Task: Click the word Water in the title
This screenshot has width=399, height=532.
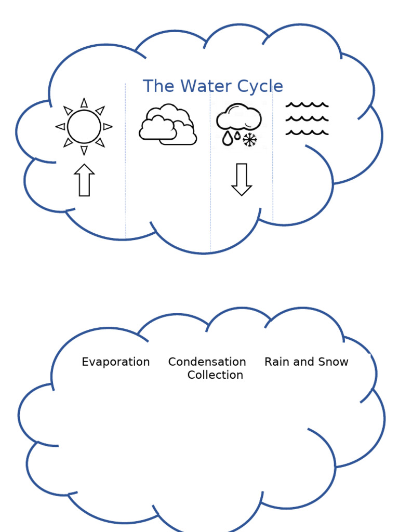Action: pos(199,86)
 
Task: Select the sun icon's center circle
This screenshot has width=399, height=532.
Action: pos(84,126)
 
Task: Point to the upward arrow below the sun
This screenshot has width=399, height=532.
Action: pos(84,180)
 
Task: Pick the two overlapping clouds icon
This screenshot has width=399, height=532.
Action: pos(167,125)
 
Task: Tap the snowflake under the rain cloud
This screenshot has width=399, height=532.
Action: pos(250,139)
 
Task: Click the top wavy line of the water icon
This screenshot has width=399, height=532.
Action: pos(307,105)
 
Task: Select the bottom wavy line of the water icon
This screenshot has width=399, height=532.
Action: pos(307,133)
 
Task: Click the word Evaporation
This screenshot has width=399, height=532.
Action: pos(116,362)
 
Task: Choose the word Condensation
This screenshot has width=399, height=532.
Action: pos(207,362)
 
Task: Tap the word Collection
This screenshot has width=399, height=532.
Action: pos(215,375)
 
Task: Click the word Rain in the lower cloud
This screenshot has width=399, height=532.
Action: pos(276,362)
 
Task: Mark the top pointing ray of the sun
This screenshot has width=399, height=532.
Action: pos(84,103)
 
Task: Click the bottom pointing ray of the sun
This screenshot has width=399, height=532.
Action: pos(84,150)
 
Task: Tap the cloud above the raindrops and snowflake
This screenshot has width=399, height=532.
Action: pos(238,117)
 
